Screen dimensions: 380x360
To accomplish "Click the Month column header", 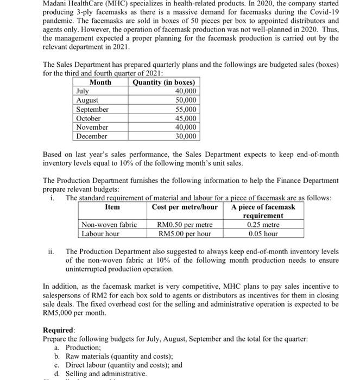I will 100,83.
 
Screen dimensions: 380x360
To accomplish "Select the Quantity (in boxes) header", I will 163,83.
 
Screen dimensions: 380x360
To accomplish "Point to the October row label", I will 89,118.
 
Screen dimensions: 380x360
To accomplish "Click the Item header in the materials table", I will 112,207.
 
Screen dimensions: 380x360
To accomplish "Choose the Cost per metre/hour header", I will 185,207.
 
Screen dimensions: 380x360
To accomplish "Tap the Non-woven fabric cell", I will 109,225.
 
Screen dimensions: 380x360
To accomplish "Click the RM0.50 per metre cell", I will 185,225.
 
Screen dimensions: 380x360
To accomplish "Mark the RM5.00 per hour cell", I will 185,234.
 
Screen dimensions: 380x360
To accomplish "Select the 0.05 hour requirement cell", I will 263,234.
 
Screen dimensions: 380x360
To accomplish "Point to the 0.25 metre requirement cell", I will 263,225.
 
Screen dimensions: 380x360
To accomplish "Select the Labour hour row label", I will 100,234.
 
